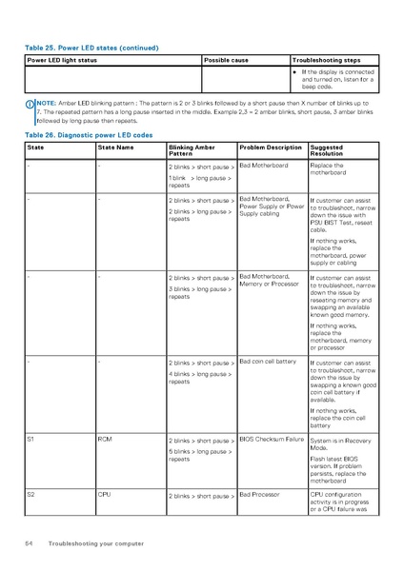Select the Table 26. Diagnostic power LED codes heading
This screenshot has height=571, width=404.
92,135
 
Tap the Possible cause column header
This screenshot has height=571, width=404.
226,60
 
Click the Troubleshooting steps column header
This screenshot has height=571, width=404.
326,60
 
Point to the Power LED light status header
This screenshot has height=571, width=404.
62,60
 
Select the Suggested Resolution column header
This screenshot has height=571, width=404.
327,150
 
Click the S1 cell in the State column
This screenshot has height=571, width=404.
31,440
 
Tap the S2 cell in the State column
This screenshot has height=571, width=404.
31,495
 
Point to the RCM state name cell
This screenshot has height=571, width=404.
105,440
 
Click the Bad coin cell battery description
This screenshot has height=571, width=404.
268,362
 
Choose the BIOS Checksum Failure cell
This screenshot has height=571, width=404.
272,440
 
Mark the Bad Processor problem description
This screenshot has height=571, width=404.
260,495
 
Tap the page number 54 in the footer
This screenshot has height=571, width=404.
30,543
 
